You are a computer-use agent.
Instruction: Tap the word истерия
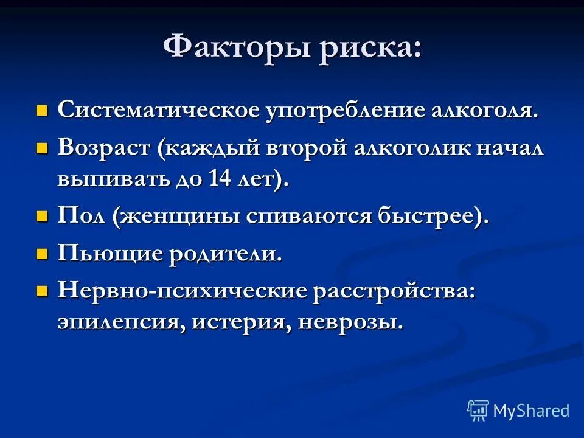pyautogui.click(x=241, y=322)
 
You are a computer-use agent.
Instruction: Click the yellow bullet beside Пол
pyautogui.click(x=42, y=217)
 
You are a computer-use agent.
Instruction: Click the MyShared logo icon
pyautogui.click(x=478, y=411)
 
